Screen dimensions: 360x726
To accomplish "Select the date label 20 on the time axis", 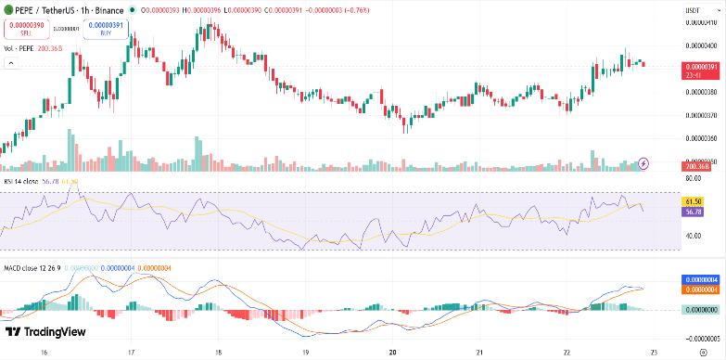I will click(x=393, y=353).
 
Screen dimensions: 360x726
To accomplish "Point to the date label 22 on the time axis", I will click(x=567, y=353).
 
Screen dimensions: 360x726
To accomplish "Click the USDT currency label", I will click(x=691, y=9).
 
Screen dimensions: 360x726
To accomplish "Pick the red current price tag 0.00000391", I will click(x=700, y=68).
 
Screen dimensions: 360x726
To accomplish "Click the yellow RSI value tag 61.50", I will click(x=692, y=201).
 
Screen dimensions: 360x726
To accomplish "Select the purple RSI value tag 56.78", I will click(x=692, y=212).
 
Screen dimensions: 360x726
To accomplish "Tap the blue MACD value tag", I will click(x=701, y=279).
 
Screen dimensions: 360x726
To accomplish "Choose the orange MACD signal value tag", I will click(x=701, y=289).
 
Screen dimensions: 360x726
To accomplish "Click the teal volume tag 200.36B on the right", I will click(x=696, y=165).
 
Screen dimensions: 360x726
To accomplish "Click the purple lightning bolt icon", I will click(x=644, y=163).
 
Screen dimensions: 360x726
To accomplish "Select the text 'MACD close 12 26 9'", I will click(x=33, y=268).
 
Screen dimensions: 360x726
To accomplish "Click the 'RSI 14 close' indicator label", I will click(x=23, y=182).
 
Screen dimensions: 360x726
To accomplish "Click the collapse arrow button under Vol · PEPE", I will click(x=12, y=63).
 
